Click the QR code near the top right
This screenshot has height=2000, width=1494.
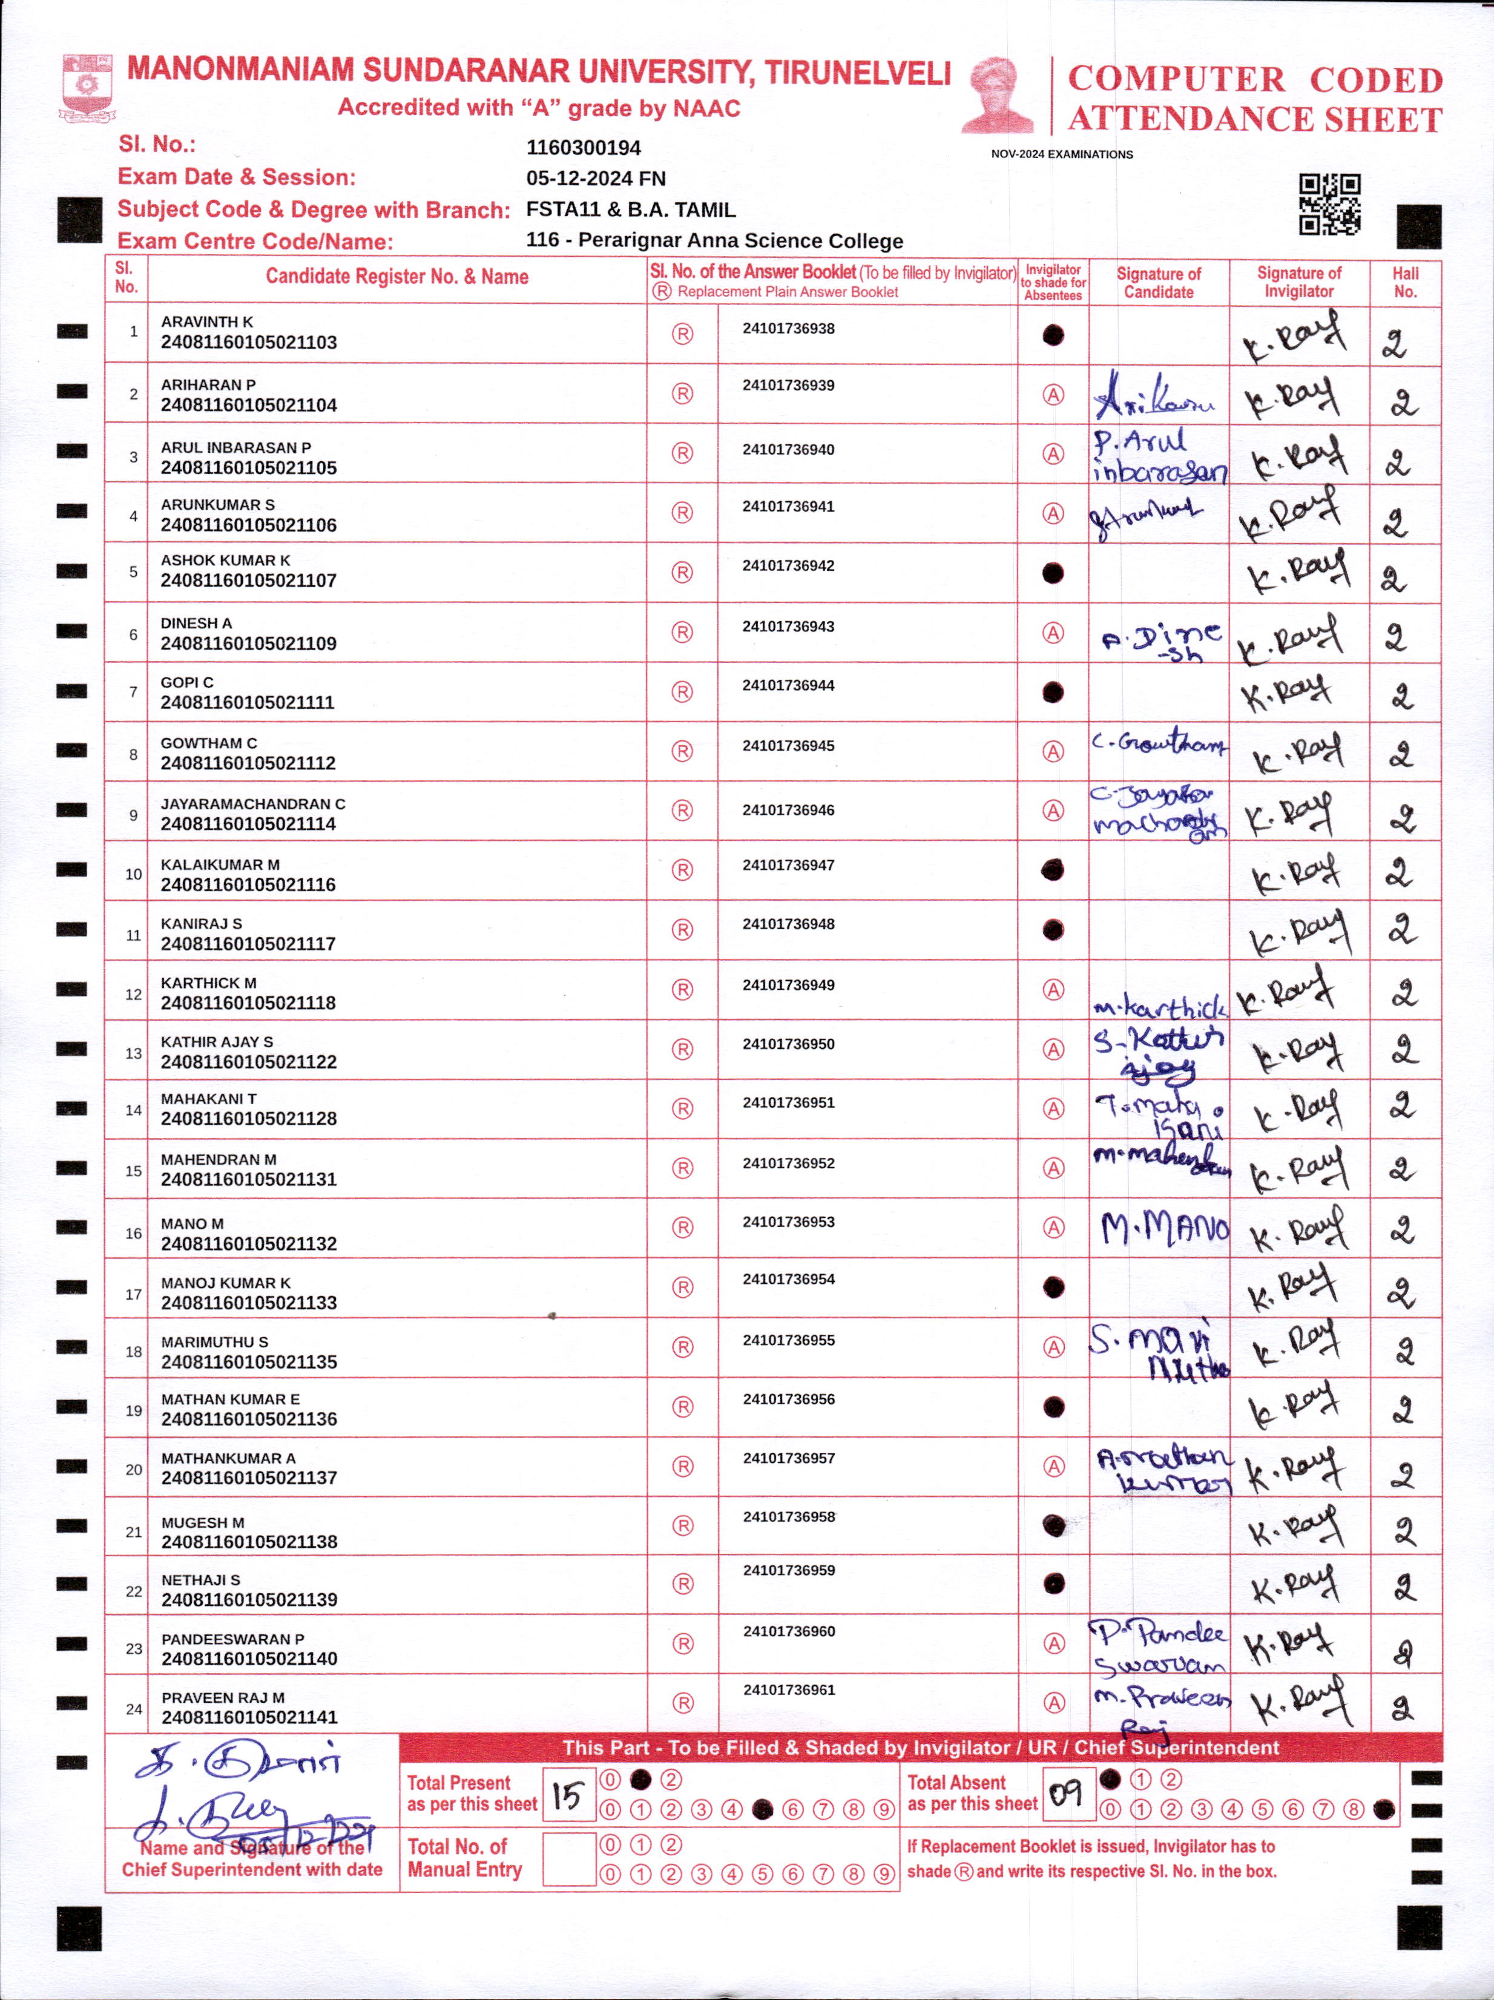pos(1329,205)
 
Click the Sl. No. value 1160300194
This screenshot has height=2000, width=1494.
pos(584,147)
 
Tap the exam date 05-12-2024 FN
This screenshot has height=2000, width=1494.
pos(596,178)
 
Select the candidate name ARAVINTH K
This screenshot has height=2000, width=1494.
pos(207,322)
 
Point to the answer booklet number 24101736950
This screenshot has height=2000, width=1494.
pos(789,1044)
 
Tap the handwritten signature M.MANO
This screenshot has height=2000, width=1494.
pos(1165,1228)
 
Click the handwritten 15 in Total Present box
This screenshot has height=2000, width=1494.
pos(568,1795)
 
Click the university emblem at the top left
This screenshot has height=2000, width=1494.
pos(87,88)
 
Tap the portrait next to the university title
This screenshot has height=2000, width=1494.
pos(998,94)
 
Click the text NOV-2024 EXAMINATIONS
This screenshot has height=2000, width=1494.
pos(1062,154)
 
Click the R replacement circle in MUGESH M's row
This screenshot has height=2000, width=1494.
pos(683,1526)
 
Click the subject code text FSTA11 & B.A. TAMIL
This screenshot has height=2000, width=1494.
pos(630,210)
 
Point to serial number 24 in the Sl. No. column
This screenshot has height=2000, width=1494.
pos(134,1709)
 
